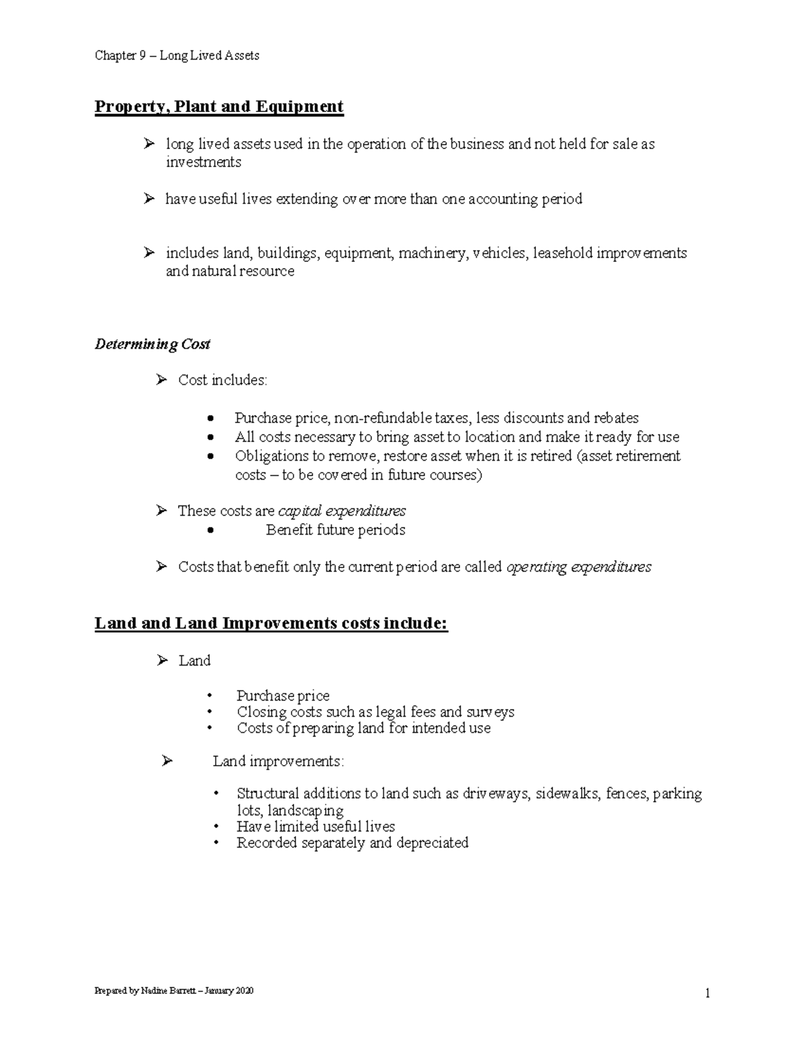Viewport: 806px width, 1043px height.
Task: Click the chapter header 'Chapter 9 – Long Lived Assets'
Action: [177, 56]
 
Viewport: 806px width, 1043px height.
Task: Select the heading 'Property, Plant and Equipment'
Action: [219, 107]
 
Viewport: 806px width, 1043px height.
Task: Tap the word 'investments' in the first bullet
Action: [204, 162]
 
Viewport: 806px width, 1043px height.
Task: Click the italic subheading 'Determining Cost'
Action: [152, 345]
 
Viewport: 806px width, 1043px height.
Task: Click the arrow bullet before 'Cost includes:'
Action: [161, 380]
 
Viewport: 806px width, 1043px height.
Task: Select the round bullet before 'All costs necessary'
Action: [211, 437]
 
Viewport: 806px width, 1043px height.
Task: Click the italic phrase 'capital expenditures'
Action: [342, 511]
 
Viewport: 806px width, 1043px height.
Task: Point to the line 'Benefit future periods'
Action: [335, 530]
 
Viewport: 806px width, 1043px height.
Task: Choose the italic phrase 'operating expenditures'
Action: [578, 567]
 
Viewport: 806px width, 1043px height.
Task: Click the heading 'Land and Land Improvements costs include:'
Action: [271, 623]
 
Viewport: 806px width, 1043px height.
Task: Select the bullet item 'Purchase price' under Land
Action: [283, 696]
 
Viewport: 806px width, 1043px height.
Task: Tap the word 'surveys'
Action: [490, 712]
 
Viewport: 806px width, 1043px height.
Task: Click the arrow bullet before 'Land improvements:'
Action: [167, 761]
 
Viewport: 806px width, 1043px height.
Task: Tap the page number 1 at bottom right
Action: [707, 993]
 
